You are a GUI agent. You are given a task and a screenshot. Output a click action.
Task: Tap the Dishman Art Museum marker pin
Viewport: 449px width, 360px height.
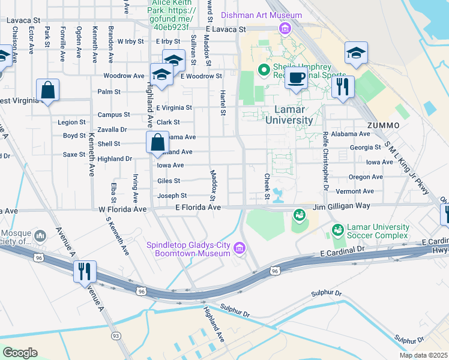coord(285,28)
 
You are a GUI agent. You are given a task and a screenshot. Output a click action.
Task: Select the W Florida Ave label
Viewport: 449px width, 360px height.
coord(122,209)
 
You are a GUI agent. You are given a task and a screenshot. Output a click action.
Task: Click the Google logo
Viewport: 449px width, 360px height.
coord(20,352)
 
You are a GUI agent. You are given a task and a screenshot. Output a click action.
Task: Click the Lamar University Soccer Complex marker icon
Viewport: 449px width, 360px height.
coord(338,230)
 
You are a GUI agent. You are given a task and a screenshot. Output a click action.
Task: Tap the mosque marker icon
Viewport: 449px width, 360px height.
coord(40,235)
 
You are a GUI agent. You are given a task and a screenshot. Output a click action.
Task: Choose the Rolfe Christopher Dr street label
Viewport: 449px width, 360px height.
coord(325,161)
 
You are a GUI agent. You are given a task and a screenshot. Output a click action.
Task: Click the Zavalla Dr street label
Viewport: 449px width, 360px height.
coord(112,129)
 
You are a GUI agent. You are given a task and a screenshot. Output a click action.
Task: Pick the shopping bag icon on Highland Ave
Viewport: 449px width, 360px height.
coord(157,143)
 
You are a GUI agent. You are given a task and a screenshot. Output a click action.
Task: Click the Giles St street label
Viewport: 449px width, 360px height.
coord(169,180)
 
